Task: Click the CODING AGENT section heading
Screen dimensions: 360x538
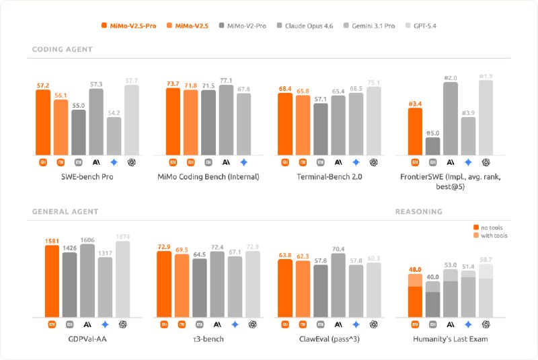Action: (63, 50)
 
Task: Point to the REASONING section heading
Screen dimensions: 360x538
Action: (418, 211)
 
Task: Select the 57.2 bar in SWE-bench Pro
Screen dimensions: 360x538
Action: (43, 122)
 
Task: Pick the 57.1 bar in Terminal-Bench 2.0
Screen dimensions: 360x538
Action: (320, 129)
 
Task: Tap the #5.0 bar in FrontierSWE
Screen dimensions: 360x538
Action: (432, 145)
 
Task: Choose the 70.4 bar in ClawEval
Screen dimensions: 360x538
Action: (338, 285)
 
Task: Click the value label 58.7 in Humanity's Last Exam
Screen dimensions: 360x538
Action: (486, 259)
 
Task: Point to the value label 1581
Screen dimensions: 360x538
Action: (52, 240)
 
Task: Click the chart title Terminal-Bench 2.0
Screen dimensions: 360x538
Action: (330, 177)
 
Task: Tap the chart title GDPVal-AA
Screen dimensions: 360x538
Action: (87, 338)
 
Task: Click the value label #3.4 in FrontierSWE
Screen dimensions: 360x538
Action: (415, 103)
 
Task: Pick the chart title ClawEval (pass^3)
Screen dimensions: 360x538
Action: (330, 338)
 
